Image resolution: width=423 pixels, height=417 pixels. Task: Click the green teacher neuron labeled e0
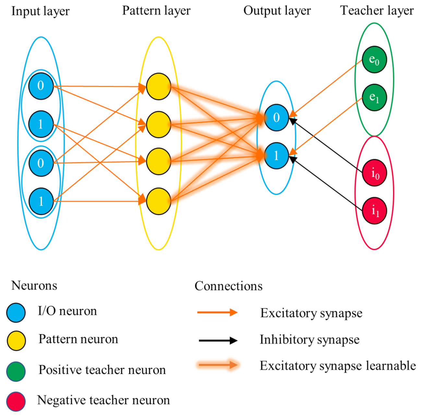click(x=374, y=60)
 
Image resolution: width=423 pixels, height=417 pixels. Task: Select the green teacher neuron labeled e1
click(x=374, y=97)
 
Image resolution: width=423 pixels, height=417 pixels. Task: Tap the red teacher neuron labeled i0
click(x=375, y=173)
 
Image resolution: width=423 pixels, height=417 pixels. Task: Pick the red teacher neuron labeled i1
click(x=375, y=211)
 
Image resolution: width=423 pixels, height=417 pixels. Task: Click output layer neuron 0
click(x=276, y=117)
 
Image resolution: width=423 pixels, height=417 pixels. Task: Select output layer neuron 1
click(x=276, y=156)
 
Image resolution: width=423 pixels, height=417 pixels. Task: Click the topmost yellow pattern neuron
click(x=158, y=87)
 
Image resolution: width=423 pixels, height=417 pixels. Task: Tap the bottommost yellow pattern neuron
click(x=158, y=201)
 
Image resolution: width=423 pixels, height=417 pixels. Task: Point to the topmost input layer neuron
click(x=41, y=86)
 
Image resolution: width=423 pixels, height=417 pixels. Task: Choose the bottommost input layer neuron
click(x=41, y=201)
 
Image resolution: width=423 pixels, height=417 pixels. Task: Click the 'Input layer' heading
click(x=40, y=11)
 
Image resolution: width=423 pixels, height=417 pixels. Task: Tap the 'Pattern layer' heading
click(x=156, y=11)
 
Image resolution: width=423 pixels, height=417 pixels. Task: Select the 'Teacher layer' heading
click(x=377, y=11)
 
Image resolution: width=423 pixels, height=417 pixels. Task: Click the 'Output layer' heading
click(x=277, y=11)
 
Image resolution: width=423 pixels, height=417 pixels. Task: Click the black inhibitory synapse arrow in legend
click(x=218, y=340)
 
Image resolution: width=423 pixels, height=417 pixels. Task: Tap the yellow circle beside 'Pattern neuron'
click(x=16, y=340)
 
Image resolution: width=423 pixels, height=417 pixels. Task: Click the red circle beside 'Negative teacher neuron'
click(x=16, y=401)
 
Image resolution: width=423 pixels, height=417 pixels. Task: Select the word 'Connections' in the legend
click(x=228, y=286)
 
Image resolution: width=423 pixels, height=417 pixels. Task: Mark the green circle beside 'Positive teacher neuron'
click(x=16, y=371)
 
